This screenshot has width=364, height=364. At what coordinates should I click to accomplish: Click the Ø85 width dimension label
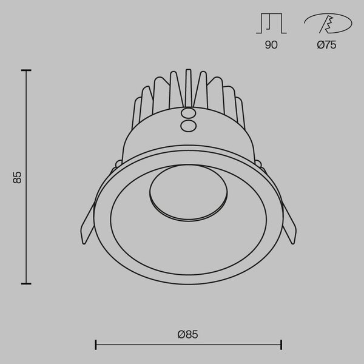(x=188, y=334)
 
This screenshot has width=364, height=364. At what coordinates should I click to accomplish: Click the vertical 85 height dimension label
(x=17, y=178)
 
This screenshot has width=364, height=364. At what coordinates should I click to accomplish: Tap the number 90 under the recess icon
(x=271, y=44)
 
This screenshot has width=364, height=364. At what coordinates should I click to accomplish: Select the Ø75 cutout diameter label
(x=326, y=44)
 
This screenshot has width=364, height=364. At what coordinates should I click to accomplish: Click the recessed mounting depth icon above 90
(x=271, y=24)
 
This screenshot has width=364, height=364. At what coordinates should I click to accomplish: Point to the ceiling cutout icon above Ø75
(x=328, y=23)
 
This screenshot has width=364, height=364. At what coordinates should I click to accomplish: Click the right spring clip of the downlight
(x=289, y=224)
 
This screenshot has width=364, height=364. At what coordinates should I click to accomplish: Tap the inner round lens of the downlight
(x=189, y=192)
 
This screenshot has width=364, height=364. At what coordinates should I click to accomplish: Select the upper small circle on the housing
(x=188, y=113)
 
